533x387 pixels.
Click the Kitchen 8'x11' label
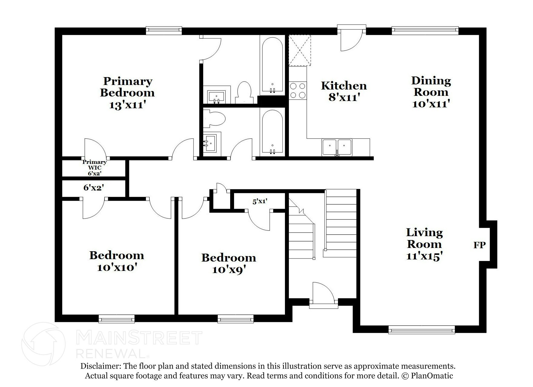[x=344, y=91]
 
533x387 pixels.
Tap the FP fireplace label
[x=479, y=245]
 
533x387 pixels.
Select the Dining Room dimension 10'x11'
[x=431, y=104]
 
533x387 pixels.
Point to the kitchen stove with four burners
[x=298, y=91]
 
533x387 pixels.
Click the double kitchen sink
[x=337, y=147]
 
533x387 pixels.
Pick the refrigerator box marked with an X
[x=300, y=50]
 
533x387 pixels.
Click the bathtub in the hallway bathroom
[x=272, y=132]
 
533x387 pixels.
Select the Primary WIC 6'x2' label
[x=94, y=167]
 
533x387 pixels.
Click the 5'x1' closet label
[x=260, y=201]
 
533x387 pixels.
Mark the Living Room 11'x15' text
[x=424, y=244]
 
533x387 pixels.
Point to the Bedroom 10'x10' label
[x=117, y=261]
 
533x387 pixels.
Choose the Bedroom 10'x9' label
[x=229, y=263]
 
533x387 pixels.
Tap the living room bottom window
[x=422, y=330]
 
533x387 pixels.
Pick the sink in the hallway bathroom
[x=210, y=144]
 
